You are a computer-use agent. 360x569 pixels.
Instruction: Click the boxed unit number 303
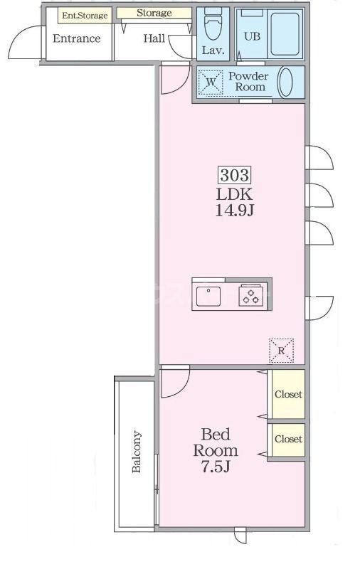235,175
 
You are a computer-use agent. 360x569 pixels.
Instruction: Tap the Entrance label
77,38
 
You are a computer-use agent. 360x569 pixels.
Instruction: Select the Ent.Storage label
85,16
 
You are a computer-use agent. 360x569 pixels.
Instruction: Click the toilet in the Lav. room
213,24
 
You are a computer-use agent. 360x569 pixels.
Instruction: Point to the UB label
252,36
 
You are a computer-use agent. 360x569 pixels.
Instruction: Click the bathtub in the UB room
285,33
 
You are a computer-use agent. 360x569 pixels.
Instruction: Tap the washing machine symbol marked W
211,83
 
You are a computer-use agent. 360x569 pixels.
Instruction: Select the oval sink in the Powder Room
285,82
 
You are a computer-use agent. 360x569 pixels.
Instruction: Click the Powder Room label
248,82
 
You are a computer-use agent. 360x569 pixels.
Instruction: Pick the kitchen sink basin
208,297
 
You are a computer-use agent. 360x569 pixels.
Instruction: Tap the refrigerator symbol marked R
281,351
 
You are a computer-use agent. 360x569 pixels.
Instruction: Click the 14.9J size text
235,210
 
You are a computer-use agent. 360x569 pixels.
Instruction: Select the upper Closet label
288,394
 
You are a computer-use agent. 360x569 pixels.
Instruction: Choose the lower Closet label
288,439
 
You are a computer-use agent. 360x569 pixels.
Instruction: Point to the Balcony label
137,452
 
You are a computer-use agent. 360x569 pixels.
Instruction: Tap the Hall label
154,38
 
